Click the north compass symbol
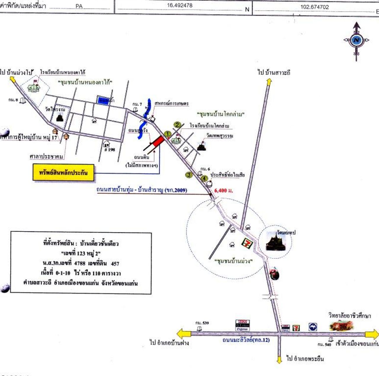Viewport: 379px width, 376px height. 356,40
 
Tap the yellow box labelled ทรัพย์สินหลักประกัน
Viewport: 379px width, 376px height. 63,173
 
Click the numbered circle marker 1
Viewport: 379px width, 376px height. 168,134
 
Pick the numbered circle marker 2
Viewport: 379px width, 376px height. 177,125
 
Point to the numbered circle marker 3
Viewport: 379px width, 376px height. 189,175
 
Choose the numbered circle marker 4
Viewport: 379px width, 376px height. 204,178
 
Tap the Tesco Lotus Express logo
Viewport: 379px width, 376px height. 243,325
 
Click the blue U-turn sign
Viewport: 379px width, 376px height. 313,327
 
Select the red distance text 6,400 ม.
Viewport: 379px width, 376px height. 224,191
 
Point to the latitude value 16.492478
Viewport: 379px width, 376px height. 180,5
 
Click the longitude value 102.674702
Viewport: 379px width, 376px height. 314,7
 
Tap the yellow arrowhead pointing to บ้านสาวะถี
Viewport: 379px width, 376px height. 269,82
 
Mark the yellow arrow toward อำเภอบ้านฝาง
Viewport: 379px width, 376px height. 183,334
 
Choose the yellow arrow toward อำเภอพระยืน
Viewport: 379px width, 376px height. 279,359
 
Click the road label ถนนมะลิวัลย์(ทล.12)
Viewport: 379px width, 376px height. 246,340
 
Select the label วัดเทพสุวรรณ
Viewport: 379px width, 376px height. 220,136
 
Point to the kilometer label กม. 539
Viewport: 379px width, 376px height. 202,323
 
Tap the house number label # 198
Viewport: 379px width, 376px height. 110,150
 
